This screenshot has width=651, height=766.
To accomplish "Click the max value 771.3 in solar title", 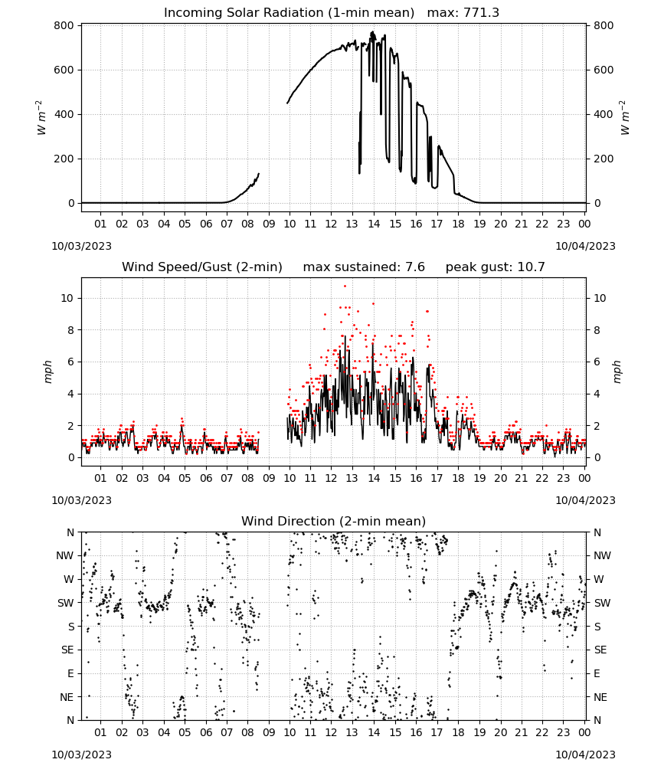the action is [481, 12].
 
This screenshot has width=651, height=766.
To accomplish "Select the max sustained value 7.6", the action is [415, 267].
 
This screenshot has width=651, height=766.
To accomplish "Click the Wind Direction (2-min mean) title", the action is [334, 521].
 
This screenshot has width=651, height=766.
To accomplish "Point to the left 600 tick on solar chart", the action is [64, 70].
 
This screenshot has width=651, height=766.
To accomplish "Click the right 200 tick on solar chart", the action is [604, 159].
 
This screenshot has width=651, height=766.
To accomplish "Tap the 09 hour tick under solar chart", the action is [269, 224].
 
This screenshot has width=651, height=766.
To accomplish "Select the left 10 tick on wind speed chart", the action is [67, 298].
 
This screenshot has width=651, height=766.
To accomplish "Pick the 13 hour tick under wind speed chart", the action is [352, 478].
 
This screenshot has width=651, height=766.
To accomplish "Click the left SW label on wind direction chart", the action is [65, 603].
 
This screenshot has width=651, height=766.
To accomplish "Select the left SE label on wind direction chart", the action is [67, 650].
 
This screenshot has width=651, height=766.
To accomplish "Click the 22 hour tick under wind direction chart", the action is [542, 732].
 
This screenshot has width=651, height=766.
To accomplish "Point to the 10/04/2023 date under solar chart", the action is [585, 246].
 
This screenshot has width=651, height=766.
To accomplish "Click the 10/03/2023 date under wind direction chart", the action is [81, 755].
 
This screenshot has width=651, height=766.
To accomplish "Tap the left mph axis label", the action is [47, 372].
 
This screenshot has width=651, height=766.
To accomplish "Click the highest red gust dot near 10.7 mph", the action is [345, 286].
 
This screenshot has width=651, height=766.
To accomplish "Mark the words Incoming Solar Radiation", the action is [244, 12].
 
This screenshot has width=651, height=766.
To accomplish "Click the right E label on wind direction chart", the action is [597, 673].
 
